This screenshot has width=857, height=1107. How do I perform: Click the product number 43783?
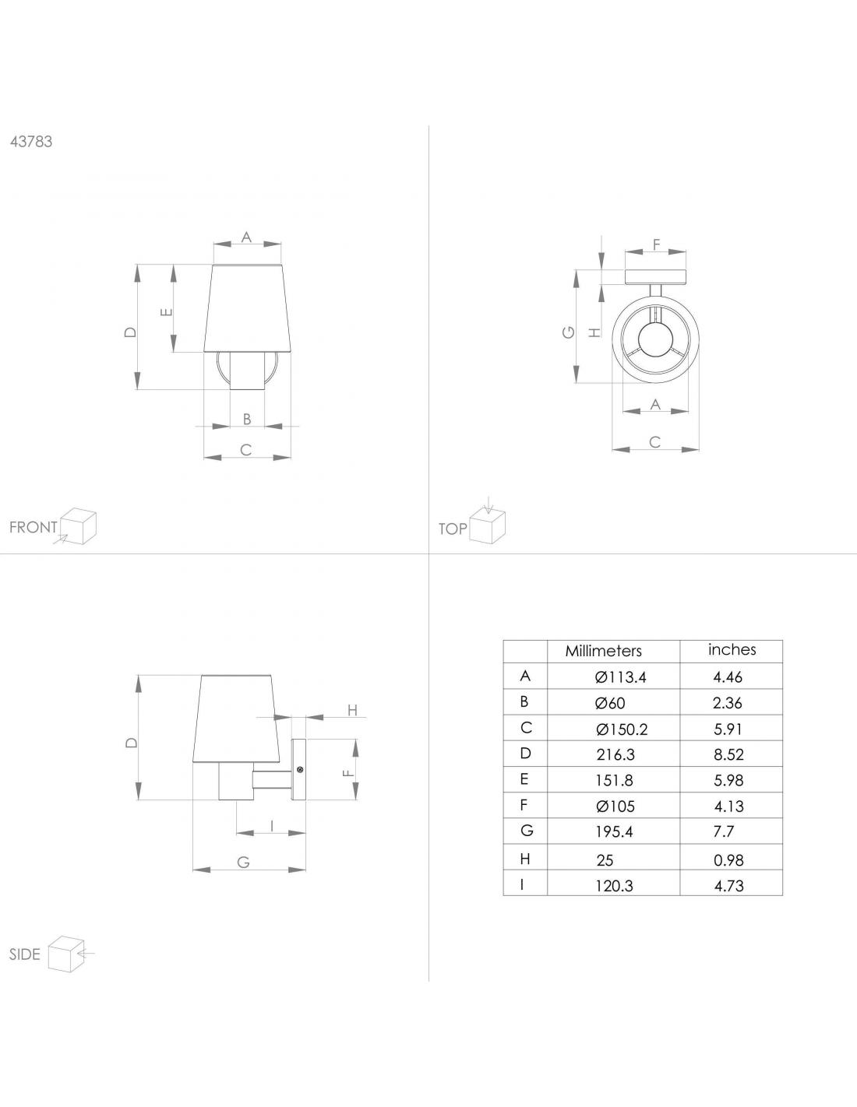(x=31, y=142)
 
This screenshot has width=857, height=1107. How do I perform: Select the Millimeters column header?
(x=603, y=651)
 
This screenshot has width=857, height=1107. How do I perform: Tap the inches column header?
(x=732, y=649)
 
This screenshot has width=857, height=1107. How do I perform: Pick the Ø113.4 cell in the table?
(x=620, y=677)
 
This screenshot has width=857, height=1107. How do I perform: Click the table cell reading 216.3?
(x=615, y=754)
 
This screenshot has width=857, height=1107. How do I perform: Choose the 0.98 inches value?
(x=728, y=860)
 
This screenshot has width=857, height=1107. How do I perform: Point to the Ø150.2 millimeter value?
(x=622, y=729)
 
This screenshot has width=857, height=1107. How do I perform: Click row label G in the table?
(x=527, y=831)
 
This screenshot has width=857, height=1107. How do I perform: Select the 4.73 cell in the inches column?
(x=729, y=886)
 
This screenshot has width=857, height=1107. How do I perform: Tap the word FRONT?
(x=34, y=527)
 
